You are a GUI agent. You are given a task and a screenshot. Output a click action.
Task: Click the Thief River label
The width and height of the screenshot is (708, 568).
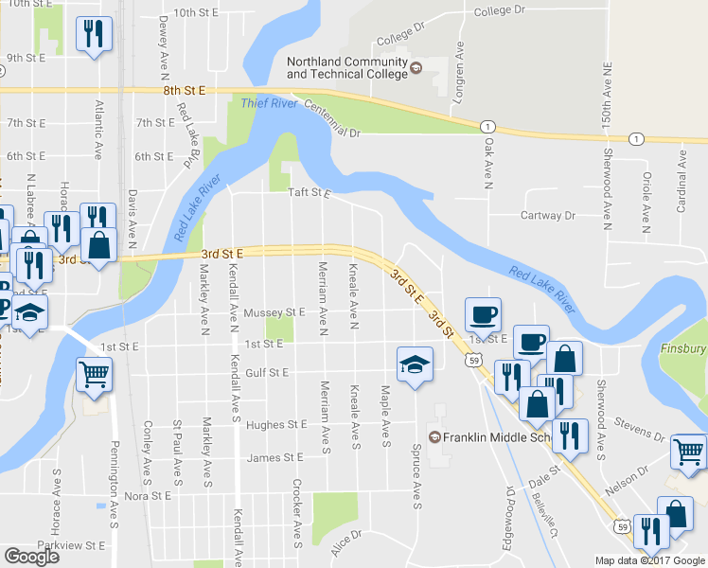point(269,103)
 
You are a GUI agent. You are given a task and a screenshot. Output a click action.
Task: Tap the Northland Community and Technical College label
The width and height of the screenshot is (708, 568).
point(345,68)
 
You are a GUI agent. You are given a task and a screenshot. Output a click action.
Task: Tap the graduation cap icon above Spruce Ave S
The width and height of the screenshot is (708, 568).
point(414,364)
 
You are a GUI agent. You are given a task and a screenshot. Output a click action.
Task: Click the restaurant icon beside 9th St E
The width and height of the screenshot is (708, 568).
point(94,35)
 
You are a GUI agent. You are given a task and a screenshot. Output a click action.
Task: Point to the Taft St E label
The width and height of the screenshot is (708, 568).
point(310,193)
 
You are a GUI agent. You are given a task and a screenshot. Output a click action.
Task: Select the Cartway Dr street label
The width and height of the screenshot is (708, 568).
point(548,216)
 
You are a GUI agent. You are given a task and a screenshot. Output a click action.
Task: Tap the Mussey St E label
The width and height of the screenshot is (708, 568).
point(274,311)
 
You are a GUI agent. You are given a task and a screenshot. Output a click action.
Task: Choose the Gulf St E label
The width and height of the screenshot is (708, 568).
point(266,373)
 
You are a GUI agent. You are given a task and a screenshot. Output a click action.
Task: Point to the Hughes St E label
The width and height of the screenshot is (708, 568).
point(276,425)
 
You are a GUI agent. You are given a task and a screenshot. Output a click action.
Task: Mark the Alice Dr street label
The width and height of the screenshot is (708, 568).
point(346,541)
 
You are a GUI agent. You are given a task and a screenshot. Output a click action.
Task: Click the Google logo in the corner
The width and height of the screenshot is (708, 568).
point(31,557)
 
